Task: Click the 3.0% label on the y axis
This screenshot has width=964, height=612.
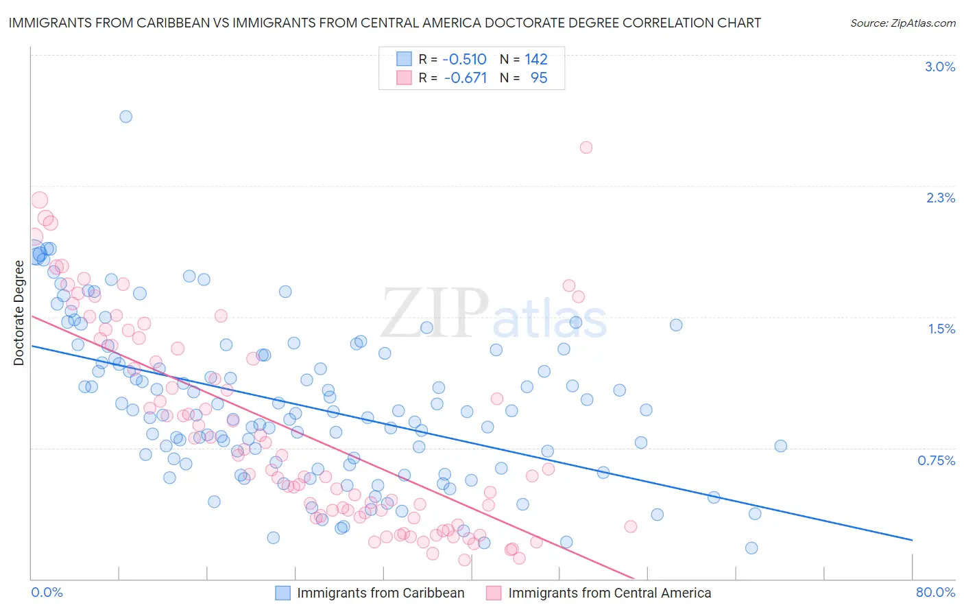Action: (940, 67)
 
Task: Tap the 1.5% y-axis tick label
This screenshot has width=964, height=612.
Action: (941, 329)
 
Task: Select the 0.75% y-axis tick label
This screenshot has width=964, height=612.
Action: (937, 460)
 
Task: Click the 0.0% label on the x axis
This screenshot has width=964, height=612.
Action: (47, 592)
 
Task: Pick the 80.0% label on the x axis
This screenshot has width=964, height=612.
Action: (935, 592)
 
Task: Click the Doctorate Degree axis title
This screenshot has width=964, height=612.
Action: (19, 313)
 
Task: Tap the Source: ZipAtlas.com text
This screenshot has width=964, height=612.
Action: (902, 23)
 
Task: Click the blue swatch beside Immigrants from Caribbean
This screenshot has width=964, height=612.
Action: (283, 593)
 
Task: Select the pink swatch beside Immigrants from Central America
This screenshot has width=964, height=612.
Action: (494, 593)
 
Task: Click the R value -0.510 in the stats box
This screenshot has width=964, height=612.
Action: (464, 60)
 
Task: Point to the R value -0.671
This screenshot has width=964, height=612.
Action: (465, 78)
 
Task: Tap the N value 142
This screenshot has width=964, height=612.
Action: (536, 60)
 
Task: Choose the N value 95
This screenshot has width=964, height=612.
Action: (539, 78)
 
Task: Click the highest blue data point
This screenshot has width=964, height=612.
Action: (125, 117)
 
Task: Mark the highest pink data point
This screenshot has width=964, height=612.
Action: (586, 148)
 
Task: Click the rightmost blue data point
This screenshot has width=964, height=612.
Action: (780, 446)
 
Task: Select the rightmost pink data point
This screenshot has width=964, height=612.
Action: (630, 526)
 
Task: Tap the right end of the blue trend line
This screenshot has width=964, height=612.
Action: (912, 540)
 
